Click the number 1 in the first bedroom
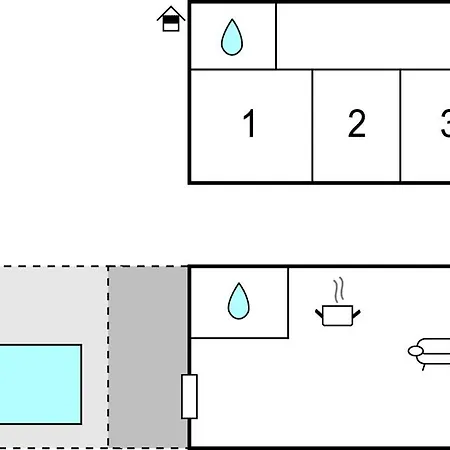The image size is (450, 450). click(249, 123)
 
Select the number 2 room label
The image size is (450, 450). click(357, 123)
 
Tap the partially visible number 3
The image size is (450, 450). click(445, 123)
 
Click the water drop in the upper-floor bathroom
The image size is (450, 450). click(232, 37)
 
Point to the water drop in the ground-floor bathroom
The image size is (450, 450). click(238, 301)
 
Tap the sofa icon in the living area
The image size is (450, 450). click(429, 353)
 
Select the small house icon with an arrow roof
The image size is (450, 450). click(171, 19)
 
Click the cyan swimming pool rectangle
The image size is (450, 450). click(40, 384)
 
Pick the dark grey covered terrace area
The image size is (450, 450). click(148, 357)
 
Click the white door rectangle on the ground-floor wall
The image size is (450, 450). click(189, 396)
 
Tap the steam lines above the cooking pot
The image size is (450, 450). click(339, 290)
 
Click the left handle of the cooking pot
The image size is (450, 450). click(319, 314)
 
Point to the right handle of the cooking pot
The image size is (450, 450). click(356, 314)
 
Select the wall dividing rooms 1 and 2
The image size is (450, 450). click(312, 126)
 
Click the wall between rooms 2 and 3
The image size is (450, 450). click(400, 126)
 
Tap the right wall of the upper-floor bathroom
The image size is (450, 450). click(276, 36)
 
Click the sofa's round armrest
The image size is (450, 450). click(416, 351)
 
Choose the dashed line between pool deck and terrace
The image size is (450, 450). click(108, 357)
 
